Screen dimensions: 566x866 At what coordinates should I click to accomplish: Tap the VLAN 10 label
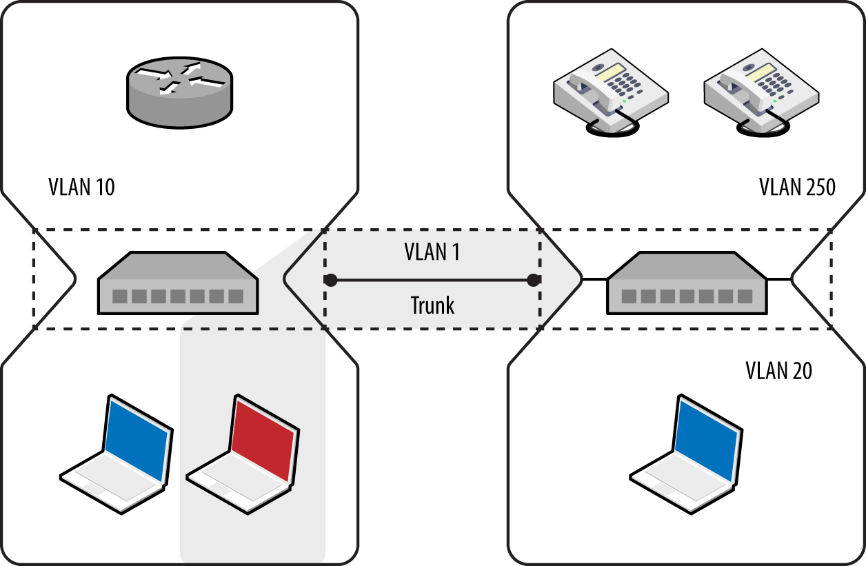81,187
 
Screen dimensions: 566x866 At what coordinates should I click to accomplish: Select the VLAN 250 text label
797,187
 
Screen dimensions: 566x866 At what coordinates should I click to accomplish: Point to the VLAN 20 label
778,371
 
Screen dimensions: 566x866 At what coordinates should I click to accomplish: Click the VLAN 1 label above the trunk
432,252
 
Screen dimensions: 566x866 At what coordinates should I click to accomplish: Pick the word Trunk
432,305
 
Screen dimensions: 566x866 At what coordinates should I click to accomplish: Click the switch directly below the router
178,283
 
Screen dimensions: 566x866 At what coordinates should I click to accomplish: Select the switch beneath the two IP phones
686,283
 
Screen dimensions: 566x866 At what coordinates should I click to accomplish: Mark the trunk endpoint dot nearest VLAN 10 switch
331,280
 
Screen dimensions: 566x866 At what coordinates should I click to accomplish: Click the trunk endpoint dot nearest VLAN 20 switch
532,280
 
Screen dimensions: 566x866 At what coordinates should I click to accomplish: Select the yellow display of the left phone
611,71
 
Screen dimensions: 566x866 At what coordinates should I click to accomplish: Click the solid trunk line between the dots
432,280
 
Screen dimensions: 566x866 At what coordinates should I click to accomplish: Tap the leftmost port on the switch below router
120,296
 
